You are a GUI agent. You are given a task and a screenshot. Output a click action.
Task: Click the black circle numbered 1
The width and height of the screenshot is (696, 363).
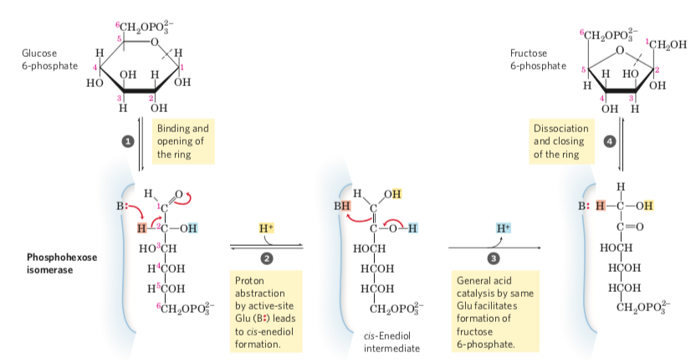(x=129, y=141)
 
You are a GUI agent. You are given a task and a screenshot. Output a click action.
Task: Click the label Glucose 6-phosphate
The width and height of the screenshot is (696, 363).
(x=51, y=59)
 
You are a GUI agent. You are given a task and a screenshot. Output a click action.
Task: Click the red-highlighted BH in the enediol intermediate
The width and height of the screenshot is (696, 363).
(x=343, y=205)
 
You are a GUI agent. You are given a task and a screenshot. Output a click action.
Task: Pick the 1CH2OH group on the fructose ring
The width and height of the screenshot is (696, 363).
(x=666, y=45)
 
